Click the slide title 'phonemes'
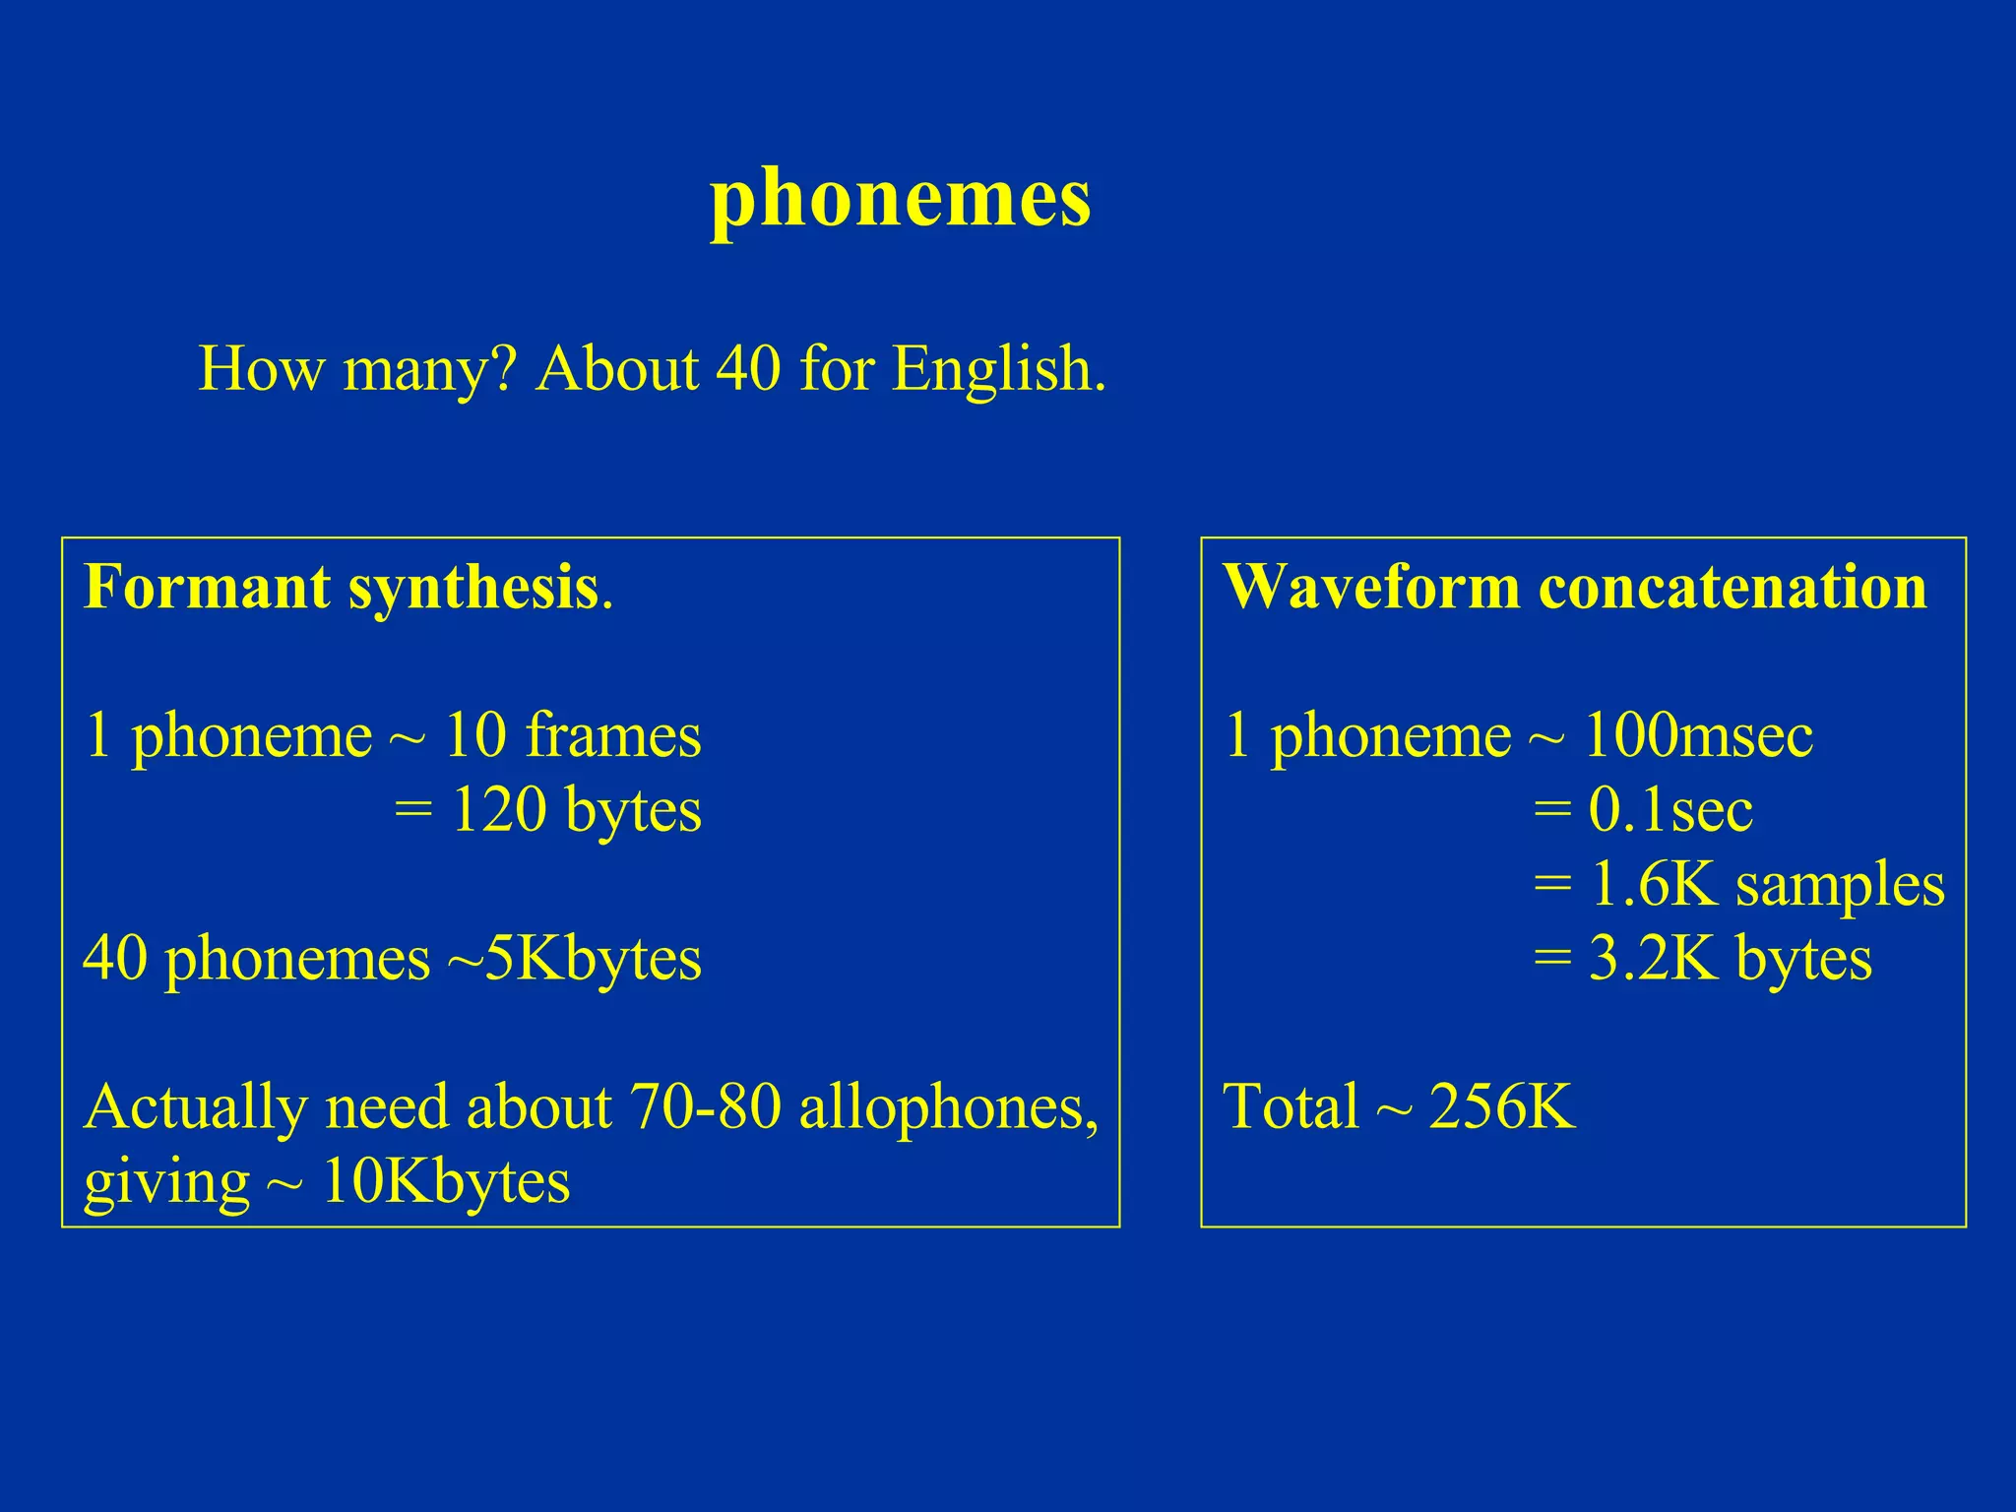[900, 200]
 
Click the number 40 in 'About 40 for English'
[748, 369]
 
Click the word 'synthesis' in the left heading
[473, 590]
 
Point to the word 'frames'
[613, 735]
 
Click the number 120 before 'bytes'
[499, 810]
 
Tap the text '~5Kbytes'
[575, 959]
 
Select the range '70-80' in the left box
[704, 1107]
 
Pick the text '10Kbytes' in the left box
[446, 1182]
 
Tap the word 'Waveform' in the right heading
[1371, 588]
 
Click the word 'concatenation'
[1732, 588]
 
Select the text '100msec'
[1698, 735]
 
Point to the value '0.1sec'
[1670, 810]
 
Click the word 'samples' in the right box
[1840, 885]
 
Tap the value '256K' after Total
[1502, 1107]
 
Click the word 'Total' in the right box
[1291, 1107]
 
